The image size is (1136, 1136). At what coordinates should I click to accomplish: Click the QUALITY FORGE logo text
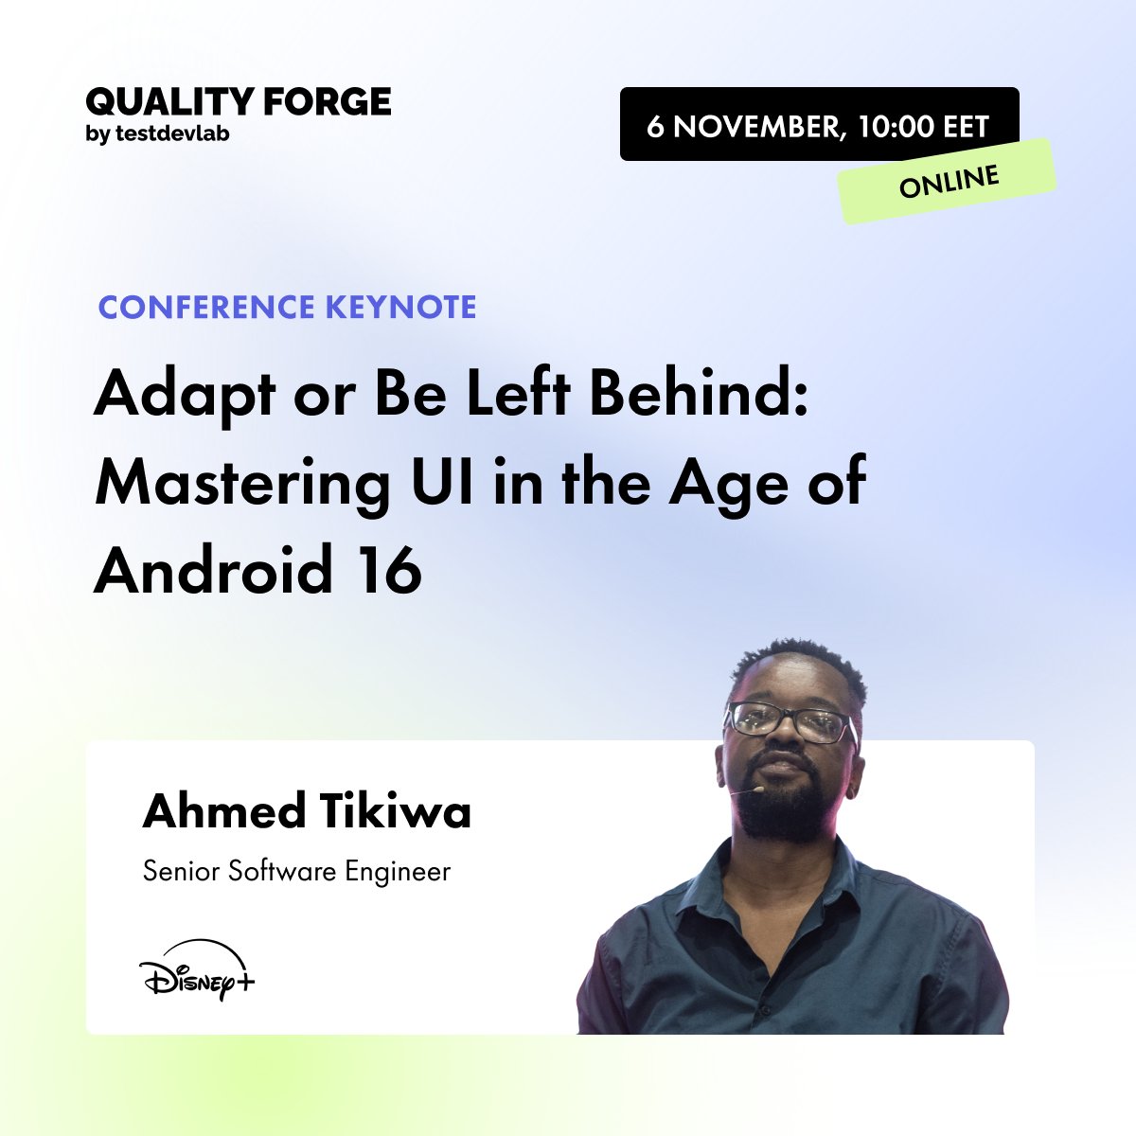click(x=238, y=101)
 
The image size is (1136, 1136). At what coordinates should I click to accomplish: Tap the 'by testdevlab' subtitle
click(x=157, y=134)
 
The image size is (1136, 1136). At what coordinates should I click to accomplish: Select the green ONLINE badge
click(x=949, y=181)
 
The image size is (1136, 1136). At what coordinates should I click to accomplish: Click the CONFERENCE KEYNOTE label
click(x=288, y=307)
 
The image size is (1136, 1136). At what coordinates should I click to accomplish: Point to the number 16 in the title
click(x=390, y=571)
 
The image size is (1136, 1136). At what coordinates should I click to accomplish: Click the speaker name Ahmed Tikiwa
click(x=307, y=812)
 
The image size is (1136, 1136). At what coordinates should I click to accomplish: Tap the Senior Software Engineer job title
click(x=296, y=871)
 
